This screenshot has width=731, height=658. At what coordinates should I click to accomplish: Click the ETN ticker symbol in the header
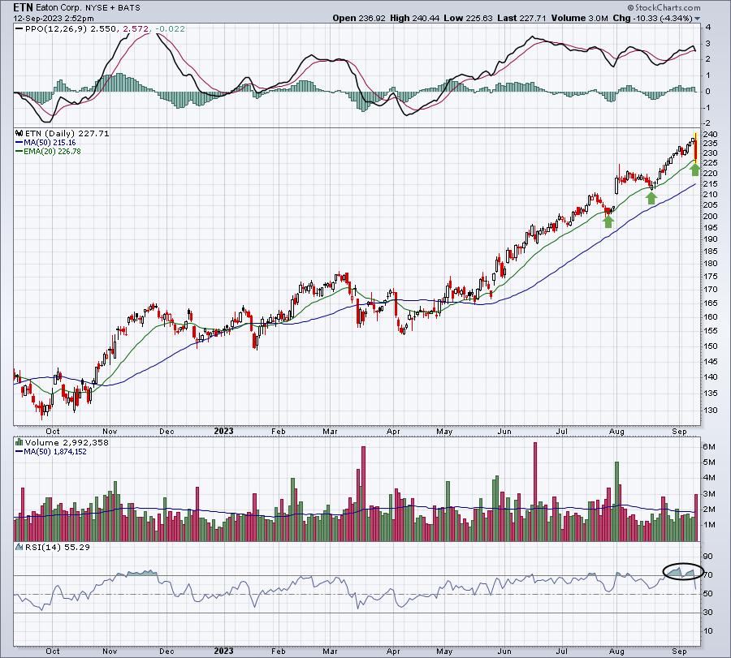(24, 7)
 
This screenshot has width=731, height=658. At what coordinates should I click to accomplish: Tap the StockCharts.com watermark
(664, 7)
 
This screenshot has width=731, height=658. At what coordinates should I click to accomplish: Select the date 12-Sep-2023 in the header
(33, 19)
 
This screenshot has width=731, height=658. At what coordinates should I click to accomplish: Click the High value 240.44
(424, 18)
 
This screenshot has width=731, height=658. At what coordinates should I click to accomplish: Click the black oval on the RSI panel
(664, 571)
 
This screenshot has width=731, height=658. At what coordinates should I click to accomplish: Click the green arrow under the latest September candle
(694, 169)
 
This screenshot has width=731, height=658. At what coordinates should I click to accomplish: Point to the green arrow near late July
(608, 221)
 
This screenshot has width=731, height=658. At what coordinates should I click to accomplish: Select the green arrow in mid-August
(651, 198)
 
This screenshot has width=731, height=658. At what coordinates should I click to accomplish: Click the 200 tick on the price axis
(711, 217)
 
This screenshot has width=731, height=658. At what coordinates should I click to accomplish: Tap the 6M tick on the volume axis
(708, 447)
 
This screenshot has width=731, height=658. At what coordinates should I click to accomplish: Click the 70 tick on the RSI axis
(708, 575)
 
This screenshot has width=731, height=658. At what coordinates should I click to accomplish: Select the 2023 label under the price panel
(224, 431)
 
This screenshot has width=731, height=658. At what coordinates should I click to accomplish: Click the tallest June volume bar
(534, 492)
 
